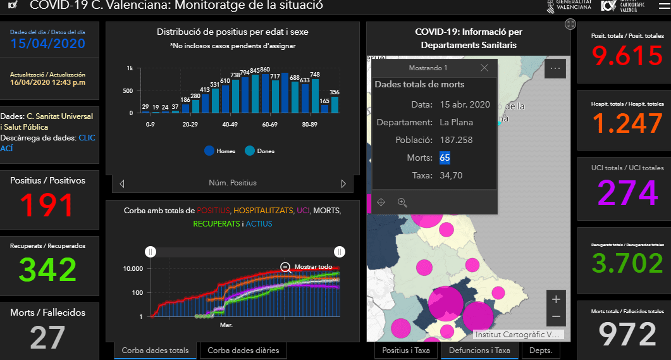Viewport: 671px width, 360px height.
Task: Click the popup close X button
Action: (x=484, y=68)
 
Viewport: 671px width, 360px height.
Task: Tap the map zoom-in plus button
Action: (x=555, y=299)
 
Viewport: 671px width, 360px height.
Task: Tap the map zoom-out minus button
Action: (x=555, y=316)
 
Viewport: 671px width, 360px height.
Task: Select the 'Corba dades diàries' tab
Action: (x=243, y=350)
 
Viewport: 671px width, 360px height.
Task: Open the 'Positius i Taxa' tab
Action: (x=406, y=350)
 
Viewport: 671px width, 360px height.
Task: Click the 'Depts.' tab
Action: (x=541, y=350)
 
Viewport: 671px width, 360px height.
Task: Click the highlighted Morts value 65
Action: (x=445, y=158)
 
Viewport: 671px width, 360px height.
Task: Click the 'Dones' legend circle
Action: (x=250, y=151)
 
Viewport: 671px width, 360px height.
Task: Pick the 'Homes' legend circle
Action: (x=209, y=151)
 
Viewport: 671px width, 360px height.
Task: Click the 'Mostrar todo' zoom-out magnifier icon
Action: (x=286, y=267)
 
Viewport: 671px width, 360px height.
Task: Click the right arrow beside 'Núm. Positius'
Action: (x=343, y=183)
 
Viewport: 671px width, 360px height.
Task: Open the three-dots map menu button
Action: (x=555, y=68)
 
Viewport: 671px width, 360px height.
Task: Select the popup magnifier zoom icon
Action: (x=402, y=202)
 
